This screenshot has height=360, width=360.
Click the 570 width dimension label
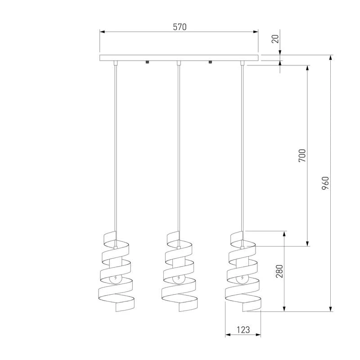[180, 27]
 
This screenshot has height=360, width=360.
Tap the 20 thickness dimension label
[275, 39]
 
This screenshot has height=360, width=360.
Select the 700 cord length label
[302, 155]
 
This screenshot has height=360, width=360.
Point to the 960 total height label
[325, 183]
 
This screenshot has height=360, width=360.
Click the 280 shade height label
[279, 271]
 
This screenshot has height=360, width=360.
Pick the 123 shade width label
[243, 330]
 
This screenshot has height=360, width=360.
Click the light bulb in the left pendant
[115, 279]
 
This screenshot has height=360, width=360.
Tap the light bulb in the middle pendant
[178, 279]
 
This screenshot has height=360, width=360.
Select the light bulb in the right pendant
[242, 279]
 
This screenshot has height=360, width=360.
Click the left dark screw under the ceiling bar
[148, 62]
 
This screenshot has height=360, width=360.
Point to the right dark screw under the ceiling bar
[210, 62]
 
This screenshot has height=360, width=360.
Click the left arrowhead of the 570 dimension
[103, 32]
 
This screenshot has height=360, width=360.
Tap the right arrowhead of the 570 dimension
[256, 32]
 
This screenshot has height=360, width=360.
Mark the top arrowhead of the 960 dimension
[331, 58]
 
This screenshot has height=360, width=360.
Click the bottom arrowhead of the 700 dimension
[307, 243]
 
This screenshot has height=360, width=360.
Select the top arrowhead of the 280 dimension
[284, 234]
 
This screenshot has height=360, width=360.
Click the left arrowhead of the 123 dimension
[228, 335]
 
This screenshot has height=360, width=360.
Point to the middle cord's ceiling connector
[179, 63]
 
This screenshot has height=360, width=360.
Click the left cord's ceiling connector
[116, 63]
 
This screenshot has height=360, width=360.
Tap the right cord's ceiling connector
[242, 63]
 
